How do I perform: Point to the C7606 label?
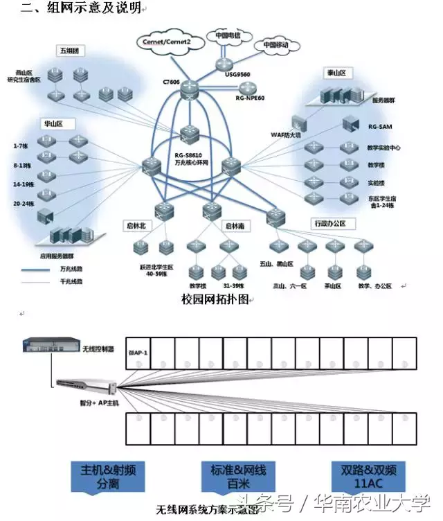pyautogui.click(x=171, y=82)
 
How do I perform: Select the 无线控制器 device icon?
pyautogui.click(x=46, y=344)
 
